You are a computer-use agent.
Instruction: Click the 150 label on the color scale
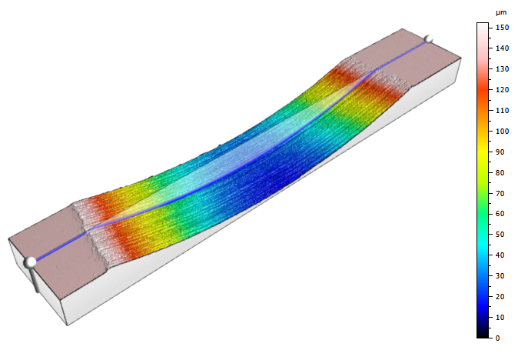(502, 28)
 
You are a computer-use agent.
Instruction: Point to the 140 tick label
(502, 48)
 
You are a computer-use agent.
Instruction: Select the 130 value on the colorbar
(502, 69)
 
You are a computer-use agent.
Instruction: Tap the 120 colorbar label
(502, 90)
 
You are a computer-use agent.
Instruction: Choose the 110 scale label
(502, 111)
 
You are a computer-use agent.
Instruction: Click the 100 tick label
(502, 131)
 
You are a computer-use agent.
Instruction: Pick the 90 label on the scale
(500, 152)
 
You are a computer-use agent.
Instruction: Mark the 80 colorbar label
(500, 172)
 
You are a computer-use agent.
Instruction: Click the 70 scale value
(500, 194)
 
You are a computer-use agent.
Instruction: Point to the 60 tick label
(500, 214)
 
